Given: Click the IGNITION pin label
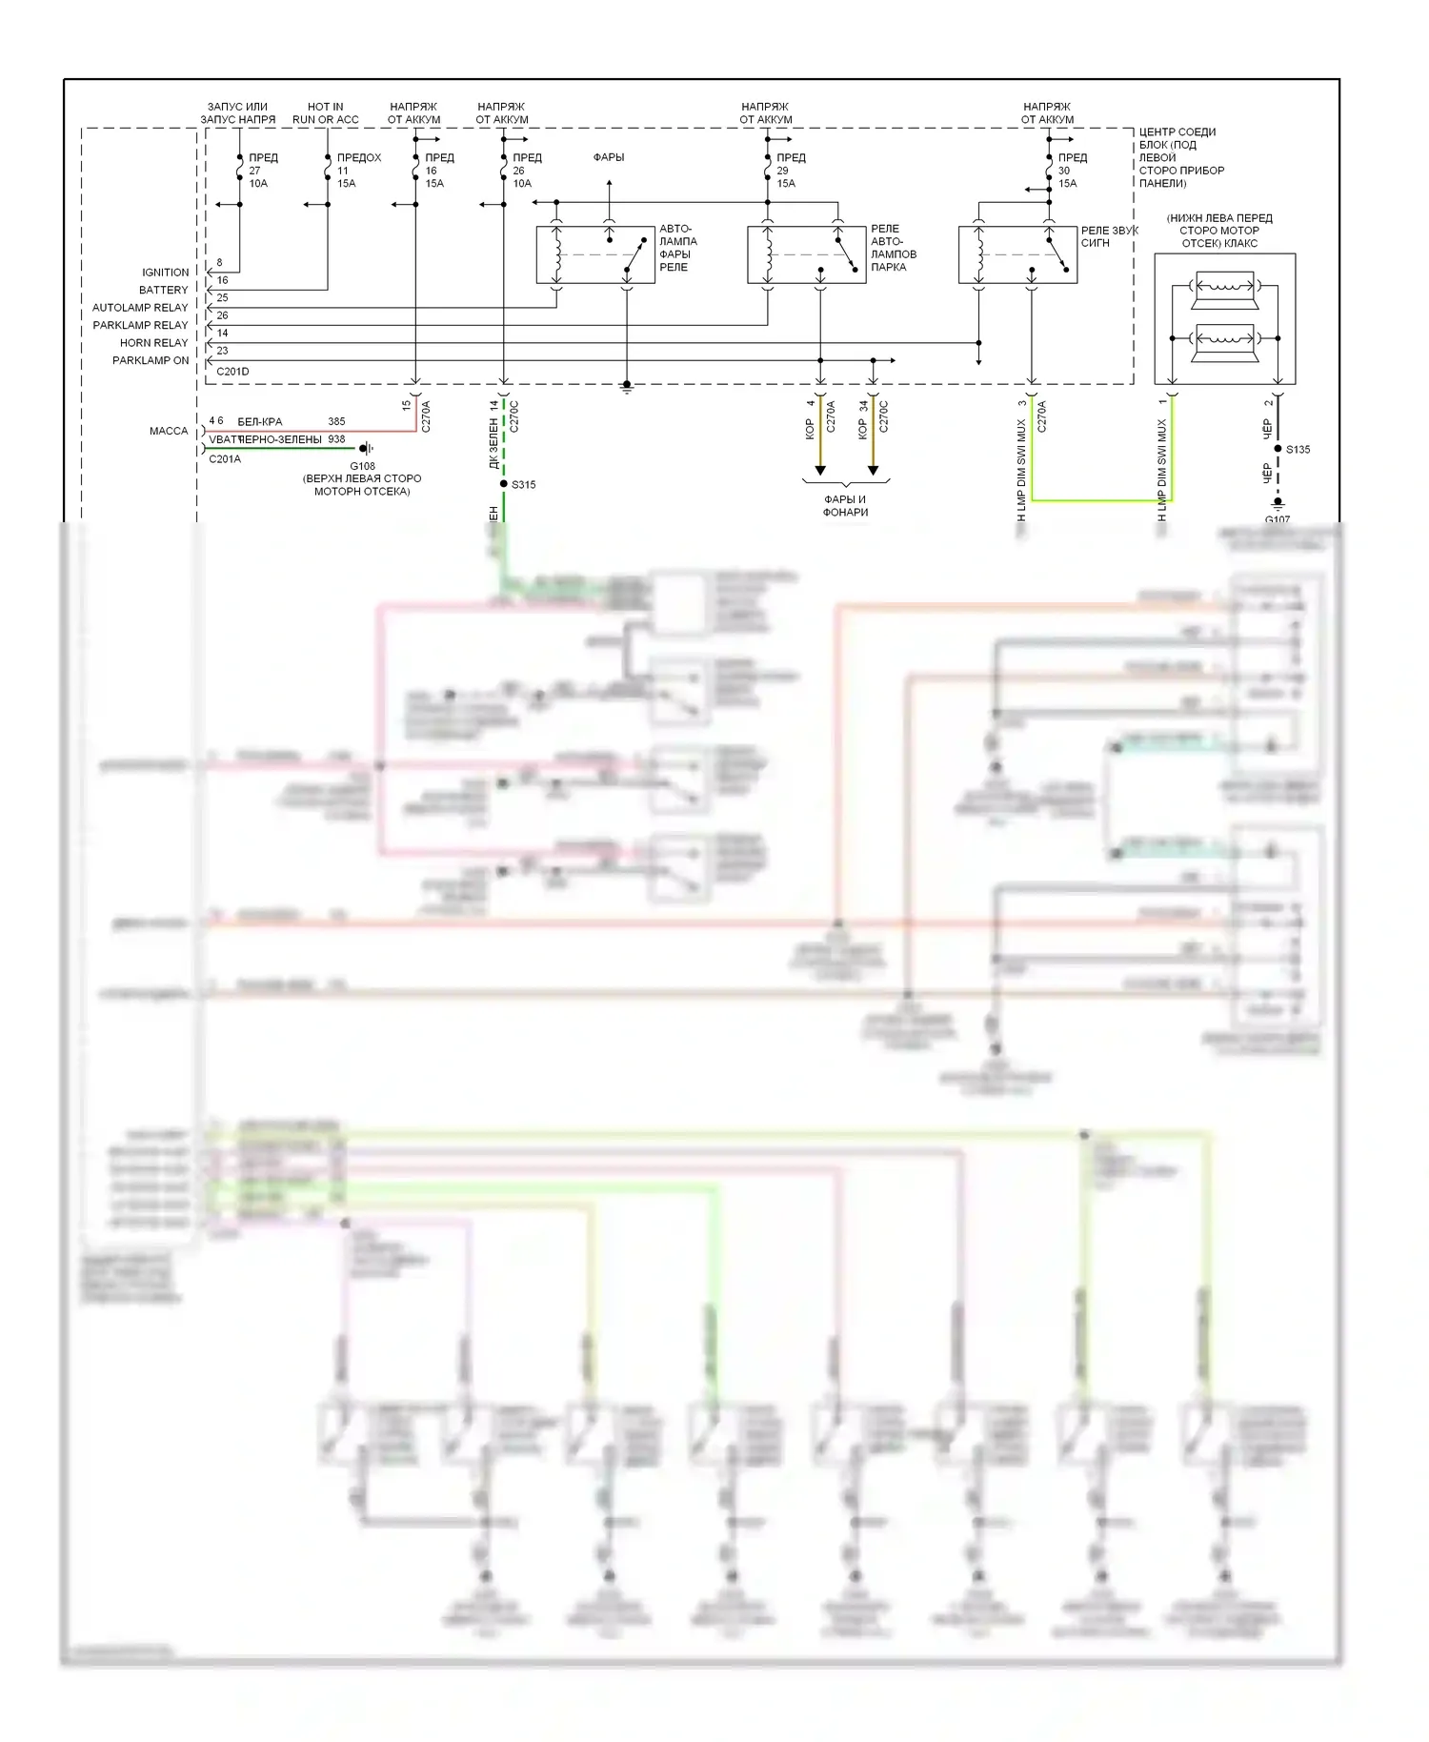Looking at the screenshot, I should point(165,273).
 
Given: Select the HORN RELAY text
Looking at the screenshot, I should point(153,343).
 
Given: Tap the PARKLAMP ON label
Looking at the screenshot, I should point(150,360).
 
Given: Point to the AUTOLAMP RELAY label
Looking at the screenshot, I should point(140,308).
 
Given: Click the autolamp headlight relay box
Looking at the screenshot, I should point(596,254).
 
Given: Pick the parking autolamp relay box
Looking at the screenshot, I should point(806,254).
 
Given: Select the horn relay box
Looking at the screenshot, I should point(1016,254).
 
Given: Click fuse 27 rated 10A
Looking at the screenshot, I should point(240,171).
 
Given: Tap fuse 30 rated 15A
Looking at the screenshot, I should point(1049,171).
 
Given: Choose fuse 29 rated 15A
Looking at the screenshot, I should point(768,171).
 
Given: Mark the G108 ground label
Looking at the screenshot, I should point(362,466).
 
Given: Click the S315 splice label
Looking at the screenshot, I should point(524,485).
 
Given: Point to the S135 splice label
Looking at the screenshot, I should point(1298,450).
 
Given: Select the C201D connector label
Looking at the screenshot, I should point(232,372).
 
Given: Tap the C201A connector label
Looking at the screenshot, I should point(225,459).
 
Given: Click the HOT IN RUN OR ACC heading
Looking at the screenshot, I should point(326,113).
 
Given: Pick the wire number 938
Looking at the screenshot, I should point(336,439).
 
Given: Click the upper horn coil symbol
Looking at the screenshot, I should point(1225,285).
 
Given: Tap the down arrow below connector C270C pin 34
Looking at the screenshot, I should point(873,469).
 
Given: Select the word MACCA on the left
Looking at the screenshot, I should point(169,431).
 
